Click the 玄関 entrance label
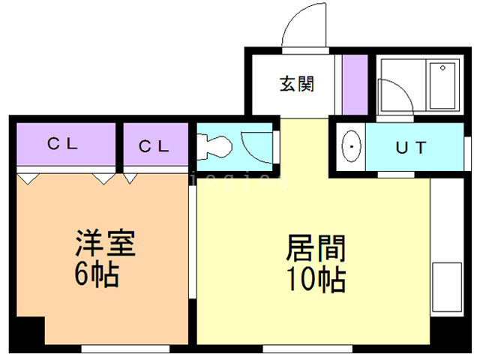point(297,84)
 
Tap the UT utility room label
point(410,148)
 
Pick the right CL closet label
point(155,145)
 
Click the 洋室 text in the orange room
point(104,246)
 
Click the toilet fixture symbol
point(213,145)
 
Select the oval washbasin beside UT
point(349,147)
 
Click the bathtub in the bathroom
point(442,87)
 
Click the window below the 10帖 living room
point(307,348)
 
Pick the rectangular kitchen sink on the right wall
point(447,286)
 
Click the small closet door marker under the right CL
point(130,178)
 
